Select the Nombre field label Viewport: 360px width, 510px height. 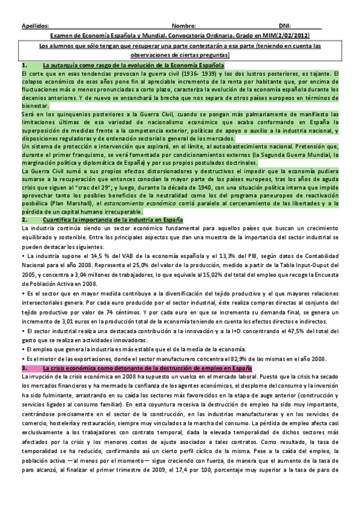pos(184,26)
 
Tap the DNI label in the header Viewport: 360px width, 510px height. pos(285,26)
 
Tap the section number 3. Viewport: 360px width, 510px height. pos(23,367)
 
